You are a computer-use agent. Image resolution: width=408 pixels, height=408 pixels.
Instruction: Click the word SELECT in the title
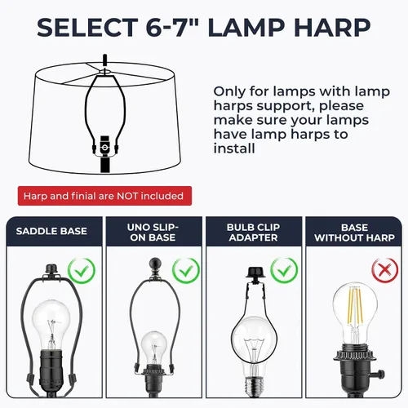coord(87,27)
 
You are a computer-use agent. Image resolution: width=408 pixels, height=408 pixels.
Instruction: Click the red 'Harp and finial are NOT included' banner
coord(104,196)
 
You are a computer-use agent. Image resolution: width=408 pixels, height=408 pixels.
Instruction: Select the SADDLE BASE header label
coord(51,231)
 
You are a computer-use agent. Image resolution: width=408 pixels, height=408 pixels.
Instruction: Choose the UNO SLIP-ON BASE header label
coord(153,233)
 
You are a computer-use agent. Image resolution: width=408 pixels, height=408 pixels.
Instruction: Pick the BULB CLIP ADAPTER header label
coord(253,233)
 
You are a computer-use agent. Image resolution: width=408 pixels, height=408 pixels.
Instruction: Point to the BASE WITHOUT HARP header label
coord(354,233)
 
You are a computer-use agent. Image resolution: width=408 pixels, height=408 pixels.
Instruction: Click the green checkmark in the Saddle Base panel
coord(82,271)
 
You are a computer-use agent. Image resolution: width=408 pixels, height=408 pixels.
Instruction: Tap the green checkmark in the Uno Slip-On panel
coord(186,271)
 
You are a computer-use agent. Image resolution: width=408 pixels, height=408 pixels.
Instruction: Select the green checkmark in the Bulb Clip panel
coord(284,270)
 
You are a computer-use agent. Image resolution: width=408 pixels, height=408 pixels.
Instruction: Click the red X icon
coord(385,270)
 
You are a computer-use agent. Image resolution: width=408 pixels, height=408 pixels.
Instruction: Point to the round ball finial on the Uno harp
coord(156,264)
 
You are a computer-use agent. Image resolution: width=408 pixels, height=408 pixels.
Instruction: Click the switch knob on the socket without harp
coord(381,372)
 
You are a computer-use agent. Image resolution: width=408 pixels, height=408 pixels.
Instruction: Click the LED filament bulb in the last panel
coord(355,316)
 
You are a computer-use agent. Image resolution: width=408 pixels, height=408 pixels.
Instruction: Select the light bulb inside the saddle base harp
coord(51,325)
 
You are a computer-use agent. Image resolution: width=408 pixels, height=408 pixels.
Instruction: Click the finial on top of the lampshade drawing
coord(105,60)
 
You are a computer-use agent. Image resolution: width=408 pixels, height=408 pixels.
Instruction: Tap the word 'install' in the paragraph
coord(234,149)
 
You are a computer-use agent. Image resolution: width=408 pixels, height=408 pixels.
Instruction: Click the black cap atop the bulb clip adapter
coord(255,273)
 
